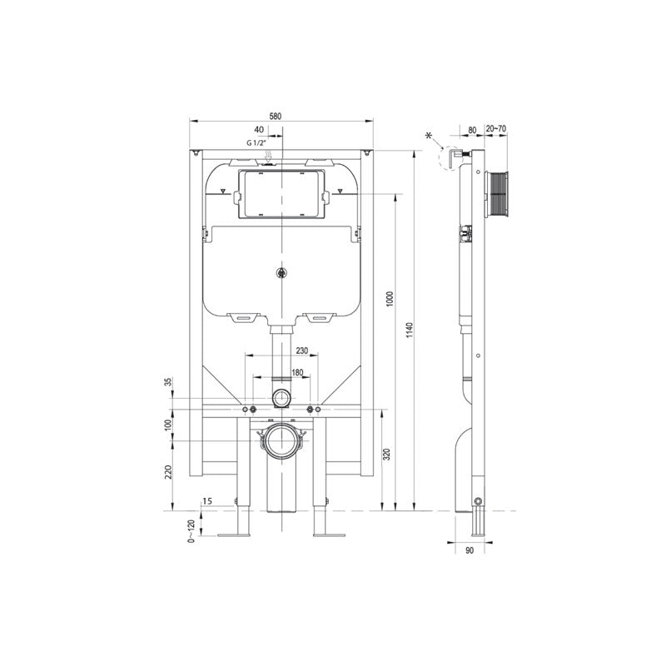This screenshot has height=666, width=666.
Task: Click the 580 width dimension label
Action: tap(283, 115)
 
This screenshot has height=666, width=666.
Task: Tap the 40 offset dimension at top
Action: tap(259, 130)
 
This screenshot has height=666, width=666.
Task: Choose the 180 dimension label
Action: tap(297, 372)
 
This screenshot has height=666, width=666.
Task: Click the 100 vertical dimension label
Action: tap(168, 425)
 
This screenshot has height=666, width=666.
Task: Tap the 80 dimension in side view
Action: tap(472, 129)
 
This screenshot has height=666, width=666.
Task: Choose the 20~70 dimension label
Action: tap(495, 129)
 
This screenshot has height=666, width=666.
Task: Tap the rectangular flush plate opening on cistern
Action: tap(282, 194)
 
